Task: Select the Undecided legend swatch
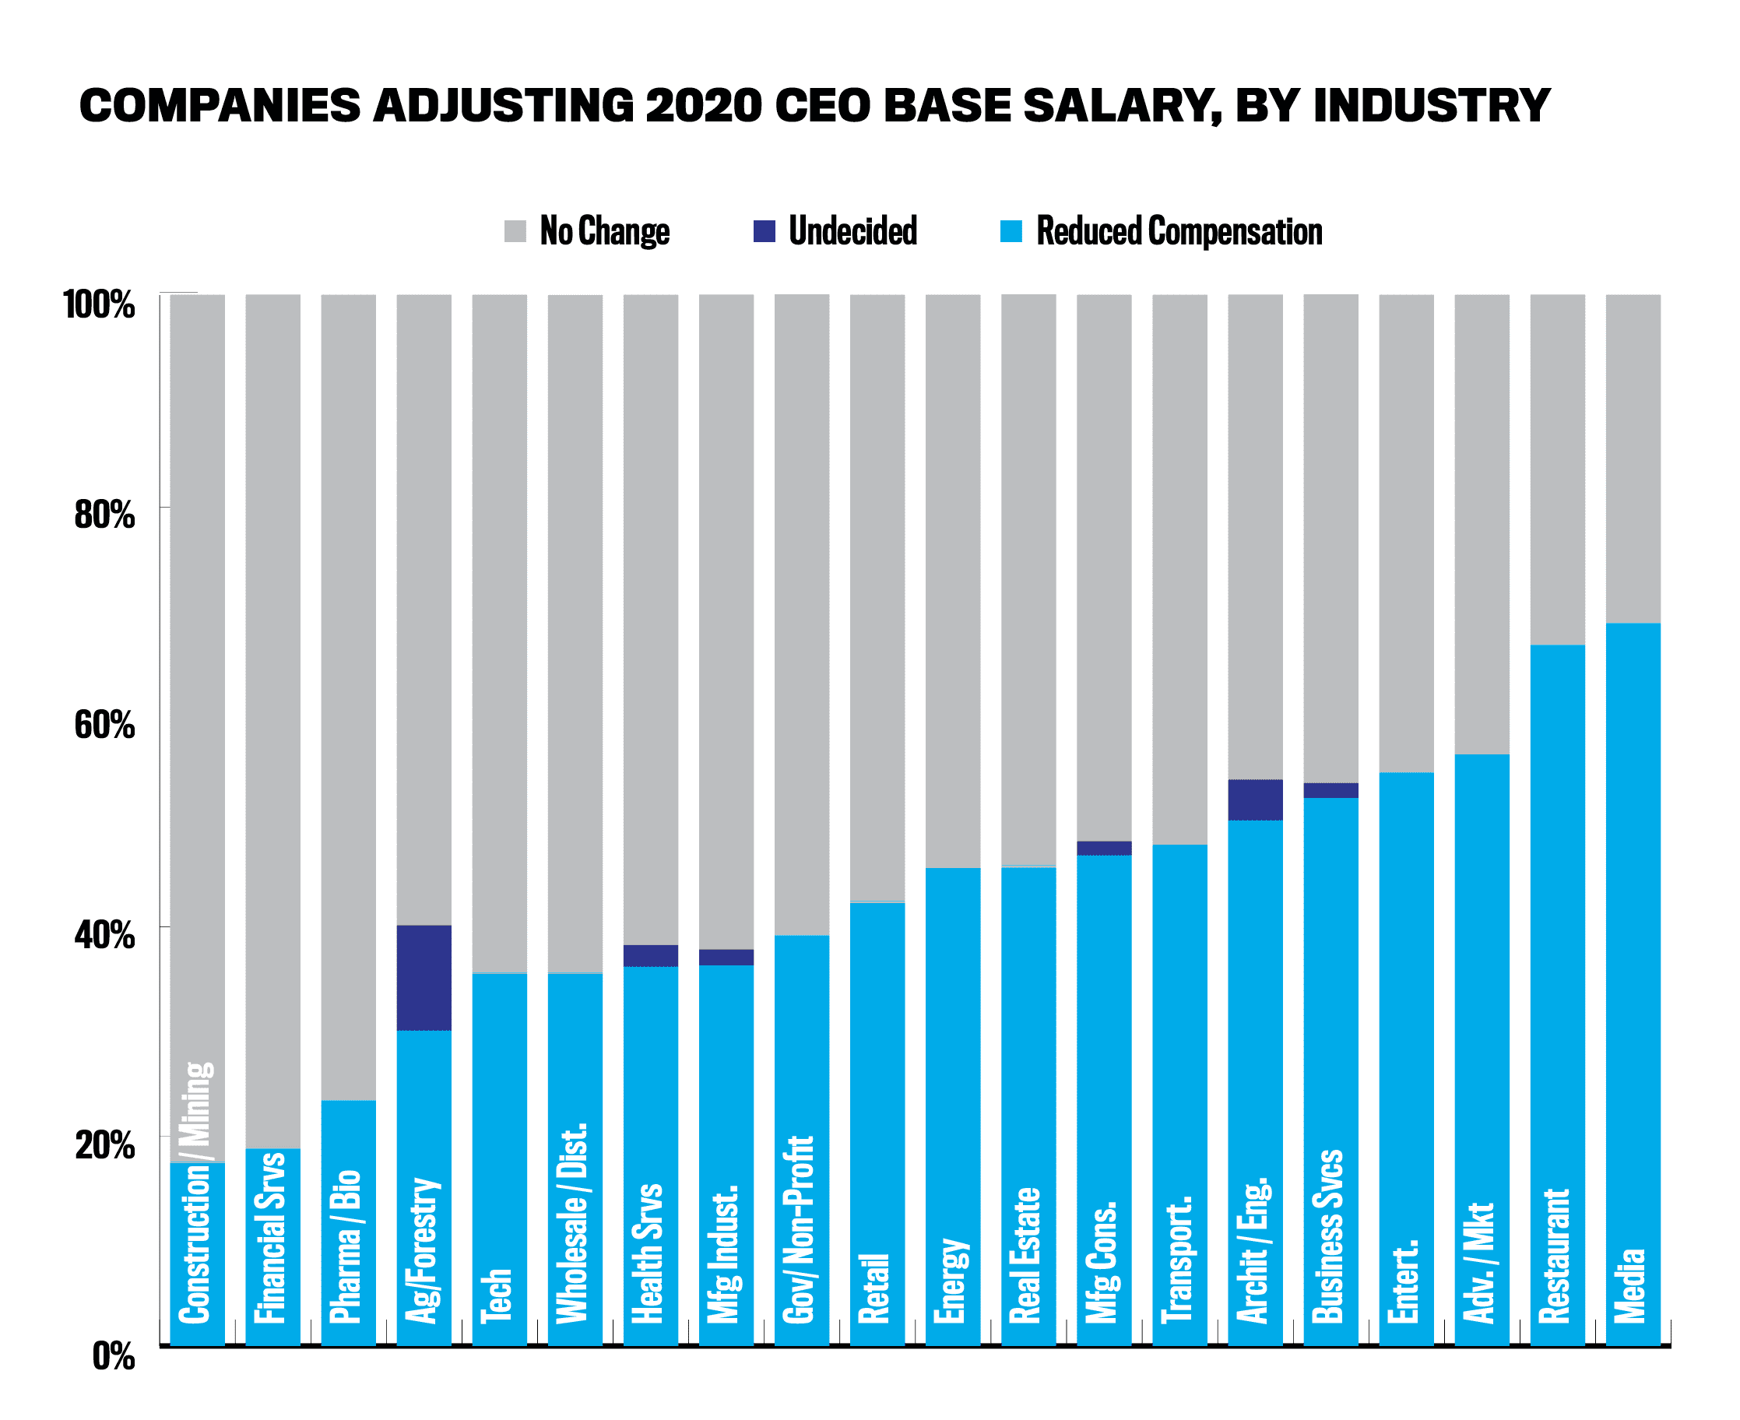[x=764, y=231]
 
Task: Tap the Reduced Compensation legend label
[x=1179, y=231]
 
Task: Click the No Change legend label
[x=605, y=231]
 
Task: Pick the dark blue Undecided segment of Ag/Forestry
[x=424, y=978]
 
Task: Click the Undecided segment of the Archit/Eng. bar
[x=1255, y=800]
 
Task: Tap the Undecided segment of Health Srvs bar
[x=650, y=955]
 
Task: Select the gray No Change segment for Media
[x=1633, y=458]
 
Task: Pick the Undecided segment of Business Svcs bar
[x=1331, y=790]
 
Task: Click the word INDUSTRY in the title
[x=1431, y=107]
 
